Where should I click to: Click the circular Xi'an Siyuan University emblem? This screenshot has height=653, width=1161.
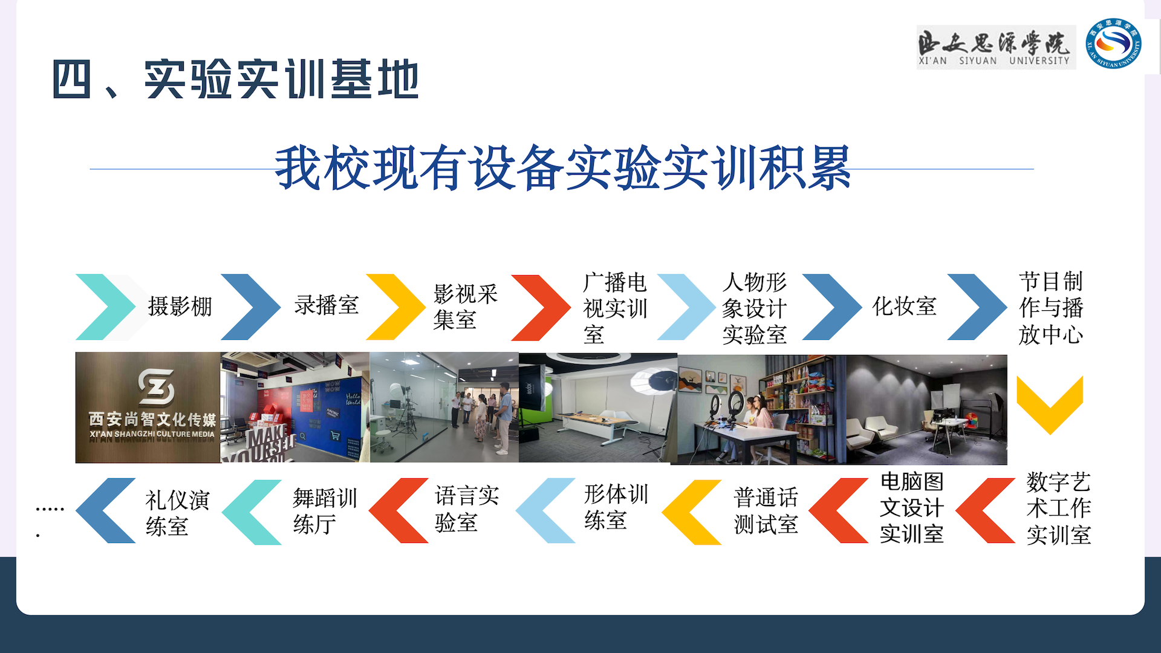click(x=1113, y=44)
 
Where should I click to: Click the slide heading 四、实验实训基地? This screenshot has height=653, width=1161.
click(x=236, y=79)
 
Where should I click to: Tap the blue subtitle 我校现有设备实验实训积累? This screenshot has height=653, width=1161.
click(x=563, y=167)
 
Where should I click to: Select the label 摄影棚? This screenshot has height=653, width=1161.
click(x=180, y=306)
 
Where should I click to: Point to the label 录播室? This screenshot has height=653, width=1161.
click(x=327, y=305)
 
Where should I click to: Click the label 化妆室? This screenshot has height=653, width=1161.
click(x=904, y=306)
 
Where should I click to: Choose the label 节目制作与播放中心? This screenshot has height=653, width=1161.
click(x=1051, y=308)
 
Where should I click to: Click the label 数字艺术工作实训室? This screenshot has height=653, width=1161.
click(x=1059, y=508)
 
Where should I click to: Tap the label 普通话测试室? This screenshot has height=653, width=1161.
click(x=766, y=511)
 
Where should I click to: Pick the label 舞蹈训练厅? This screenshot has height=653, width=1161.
click(x=325, y=511)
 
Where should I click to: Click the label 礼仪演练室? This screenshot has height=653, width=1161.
click(x=178, y=513)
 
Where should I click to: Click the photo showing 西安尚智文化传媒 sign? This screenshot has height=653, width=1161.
click(x=148, y=408)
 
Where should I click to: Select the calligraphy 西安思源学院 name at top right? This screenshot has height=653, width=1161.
click(x=996, y=47)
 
